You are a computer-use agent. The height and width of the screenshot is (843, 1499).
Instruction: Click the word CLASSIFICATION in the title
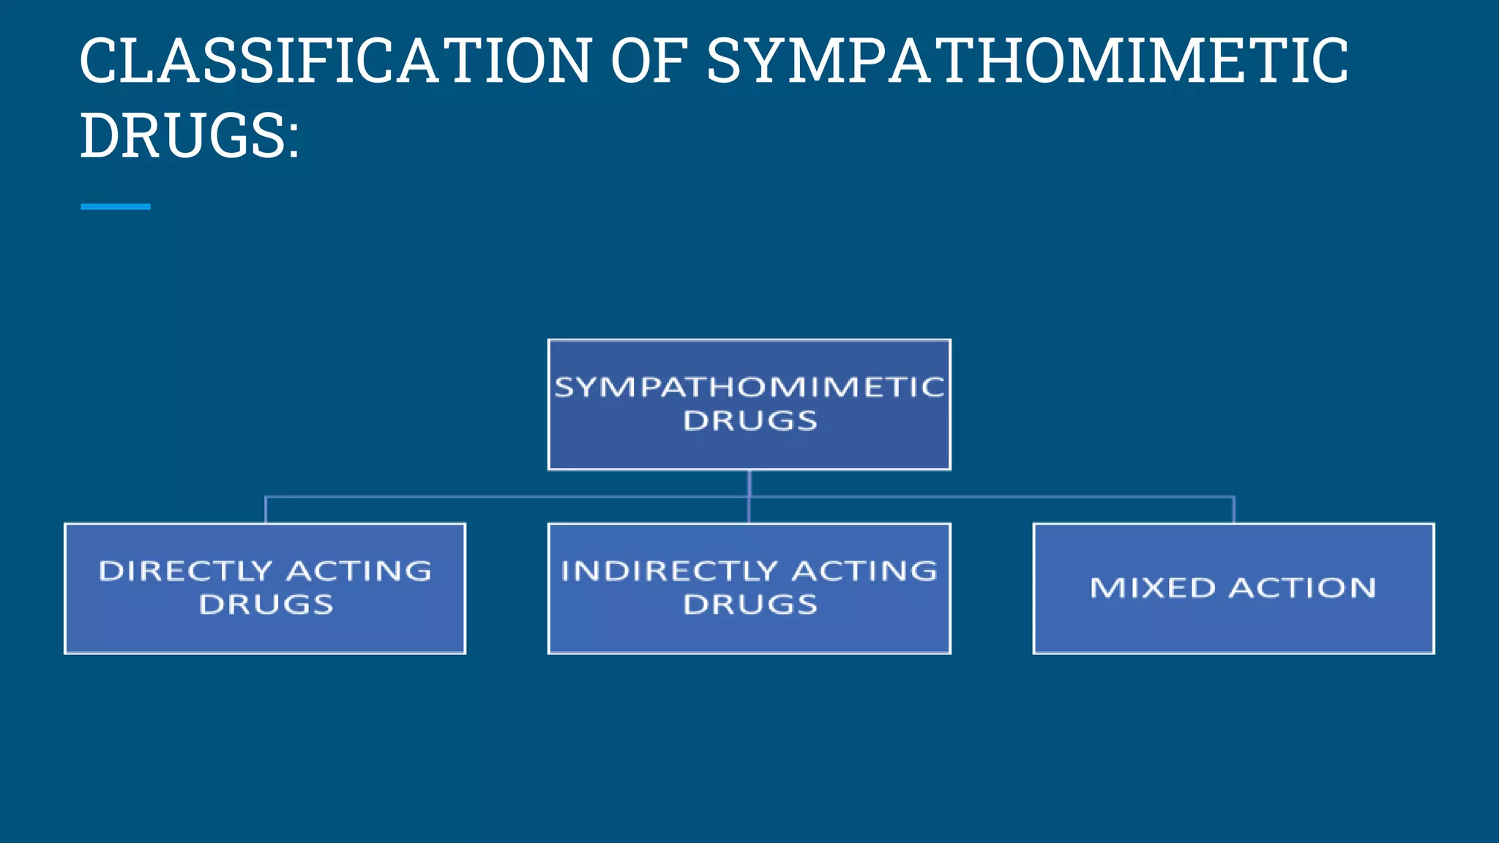click(335, 61)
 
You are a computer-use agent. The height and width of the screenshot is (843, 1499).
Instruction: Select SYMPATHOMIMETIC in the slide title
click(1026, 61)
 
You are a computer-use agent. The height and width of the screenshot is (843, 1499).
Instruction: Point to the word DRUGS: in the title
click(190, 136)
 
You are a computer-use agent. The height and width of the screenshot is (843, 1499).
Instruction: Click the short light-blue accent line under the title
click(115, 207)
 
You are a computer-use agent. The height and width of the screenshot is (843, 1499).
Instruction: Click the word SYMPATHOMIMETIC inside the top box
click(749, 387)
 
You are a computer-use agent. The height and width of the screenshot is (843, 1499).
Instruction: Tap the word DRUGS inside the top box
click(749, 421)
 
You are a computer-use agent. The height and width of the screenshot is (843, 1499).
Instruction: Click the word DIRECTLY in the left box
click(185, 571)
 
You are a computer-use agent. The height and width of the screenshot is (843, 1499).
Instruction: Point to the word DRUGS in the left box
click(266, 604)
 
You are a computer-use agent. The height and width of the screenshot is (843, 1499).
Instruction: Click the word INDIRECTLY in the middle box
click(669, 571)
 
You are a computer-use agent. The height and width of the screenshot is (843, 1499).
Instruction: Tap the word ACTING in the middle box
click(864, 571)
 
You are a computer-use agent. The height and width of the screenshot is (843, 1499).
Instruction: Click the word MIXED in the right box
click(1152, 588)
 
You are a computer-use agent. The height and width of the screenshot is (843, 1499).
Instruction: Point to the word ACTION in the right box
click(1302, 588)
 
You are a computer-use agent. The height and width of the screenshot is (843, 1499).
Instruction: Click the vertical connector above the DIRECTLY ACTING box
click(266, 510)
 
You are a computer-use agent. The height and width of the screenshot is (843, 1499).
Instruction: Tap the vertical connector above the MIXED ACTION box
click(1234, 510)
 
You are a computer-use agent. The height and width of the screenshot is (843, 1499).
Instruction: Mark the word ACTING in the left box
click(359, 571)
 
